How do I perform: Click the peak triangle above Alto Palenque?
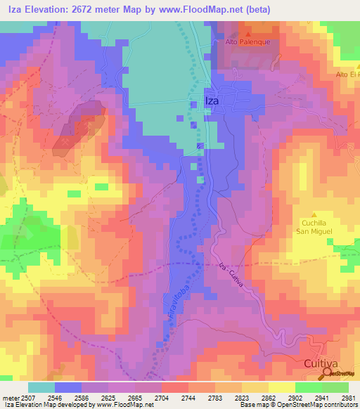(x=248, y=32)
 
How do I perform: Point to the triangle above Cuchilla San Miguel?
(x=314, y=214)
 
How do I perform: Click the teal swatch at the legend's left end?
(x=41, y=387)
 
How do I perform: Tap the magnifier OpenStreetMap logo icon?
(x=326, y=373)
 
